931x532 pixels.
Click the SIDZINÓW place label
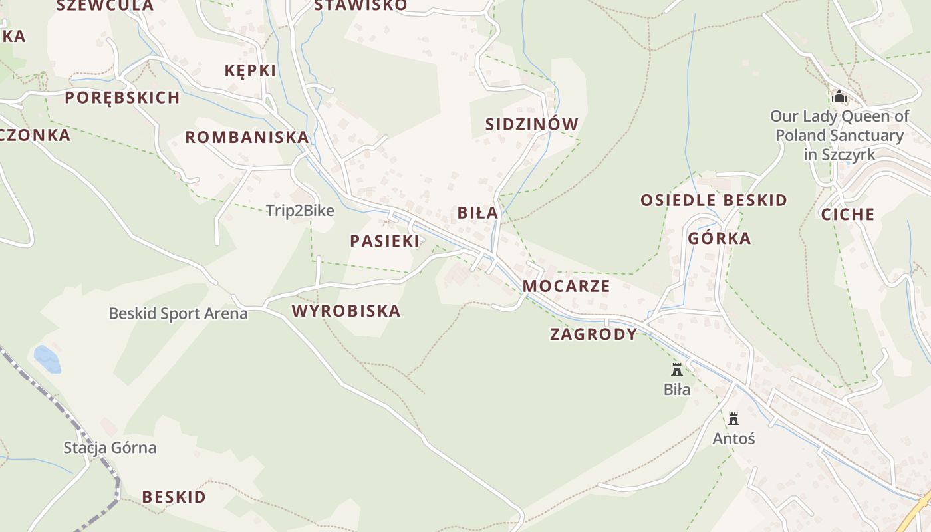click(x=532, y=124)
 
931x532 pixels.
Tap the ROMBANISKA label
click(x=247, y=138)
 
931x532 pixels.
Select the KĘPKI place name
click(x=250, y=70)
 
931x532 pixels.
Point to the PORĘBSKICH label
click(x=122, y=98)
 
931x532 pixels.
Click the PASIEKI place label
click(x=385, y=241)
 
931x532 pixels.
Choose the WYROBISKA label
click(x=346, y=311)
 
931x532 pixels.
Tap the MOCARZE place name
click(x=566, y=286)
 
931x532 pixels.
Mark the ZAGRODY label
click(x=593, y=334)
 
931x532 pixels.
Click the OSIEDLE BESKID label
click(x=714, y=200)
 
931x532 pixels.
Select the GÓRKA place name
click(x=720, y=239)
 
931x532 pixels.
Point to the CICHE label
click(x=848, y=215)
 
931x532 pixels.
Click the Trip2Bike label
click(x=300, y=211)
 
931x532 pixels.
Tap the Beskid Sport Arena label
click(x=178, y=313)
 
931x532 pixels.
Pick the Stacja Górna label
click(x=110, y=448)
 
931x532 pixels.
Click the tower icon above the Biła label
click(x=677, y=370)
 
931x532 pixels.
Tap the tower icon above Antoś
click(x=733, y=419)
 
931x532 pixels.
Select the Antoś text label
click(x=733, y=439)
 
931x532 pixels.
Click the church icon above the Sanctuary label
click(x=839, y=97)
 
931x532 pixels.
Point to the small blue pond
click(x=47, y=359)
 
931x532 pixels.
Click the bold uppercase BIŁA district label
click(x=477, y=213)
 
